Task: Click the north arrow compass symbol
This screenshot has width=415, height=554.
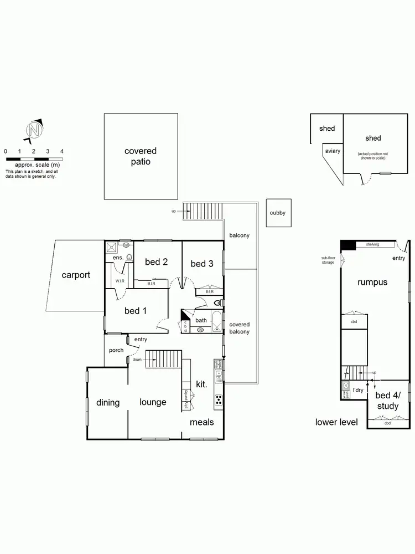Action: click(34, 131)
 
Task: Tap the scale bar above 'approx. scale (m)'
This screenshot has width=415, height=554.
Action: click(34, 159)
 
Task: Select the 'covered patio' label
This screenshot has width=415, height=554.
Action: click(141, 156)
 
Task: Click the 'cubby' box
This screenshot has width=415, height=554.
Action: click(278, 213)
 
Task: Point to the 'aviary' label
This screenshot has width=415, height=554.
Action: click(333, 151)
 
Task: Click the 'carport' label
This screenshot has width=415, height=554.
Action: click(76, 275)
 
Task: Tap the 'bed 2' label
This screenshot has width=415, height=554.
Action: click(156, 262)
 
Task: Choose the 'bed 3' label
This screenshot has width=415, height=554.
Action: click(202, 264)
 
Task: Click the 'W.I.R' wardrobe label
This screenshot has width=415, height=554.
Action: click(120, 281)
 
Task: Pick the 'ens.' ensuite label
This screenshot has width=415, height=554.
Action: click(117, 258)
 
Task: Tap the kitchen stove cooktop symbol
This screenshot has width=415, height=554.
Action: click(219, 399)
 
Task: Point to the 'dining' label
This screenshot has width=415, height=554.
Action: click(108, 402)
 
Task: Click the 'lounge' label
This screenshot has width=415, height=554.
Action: click(153, 402)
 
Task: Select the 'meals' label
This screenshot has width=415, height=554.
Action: click(202, 422)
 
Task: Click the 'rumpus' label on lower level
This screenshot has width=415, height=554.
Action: click(372, 282)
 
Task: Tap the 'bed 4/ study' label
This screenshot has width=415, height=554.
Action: click(387, 401)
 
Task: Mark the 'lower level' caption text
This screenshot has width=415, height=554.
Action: click(336, 422)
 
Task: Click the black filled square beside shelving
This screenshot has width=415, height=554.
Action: click(348, 245)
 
